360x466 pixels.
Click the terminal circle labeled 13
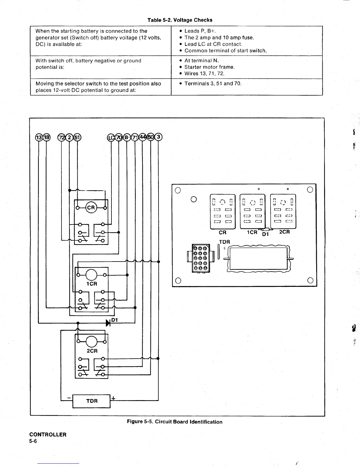[39, 137]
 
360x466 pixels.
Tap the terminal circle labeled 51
[77, 137]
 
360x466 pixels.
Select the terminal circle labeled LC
[111, 137]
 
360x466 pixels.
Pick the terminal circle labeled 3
[159, 137]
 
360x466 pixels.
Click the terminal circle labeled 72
[61, 137]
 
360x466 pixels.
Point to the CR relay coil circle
[91, 207]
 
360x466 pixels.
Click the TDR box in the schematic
[91, 401]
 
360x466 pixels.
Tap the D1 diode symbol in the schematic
[108, 323]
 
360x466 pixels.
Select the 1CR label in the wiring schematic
[92, 284]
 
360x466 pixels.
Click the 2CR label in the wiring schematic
[92, 351]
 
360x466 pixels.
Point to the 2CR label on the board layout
[284, 232]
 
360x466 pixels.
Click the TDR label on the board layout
[224, 242]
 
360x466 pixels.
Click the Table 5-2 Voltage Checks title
[180, 20]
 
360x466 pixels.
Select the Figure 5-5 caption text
[174, 422]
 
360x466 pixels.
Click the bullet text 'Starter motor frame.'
[209, 67]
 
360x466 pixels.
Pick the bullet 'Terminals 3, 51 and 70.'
[213, 84]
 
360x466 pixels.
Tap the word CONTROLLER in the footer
[48, 435]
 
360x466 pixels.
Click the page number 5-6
[33, 441]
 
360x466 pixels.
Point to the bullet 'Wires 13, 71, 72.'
[204, 74]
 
